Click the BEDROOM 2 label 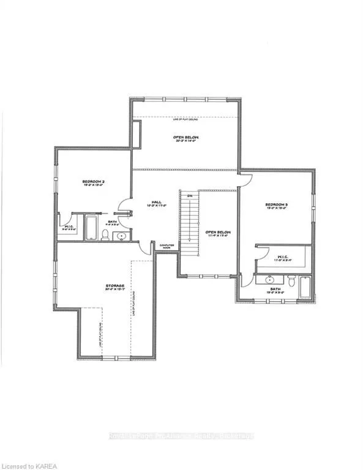94,182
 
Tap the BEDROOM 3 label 276,204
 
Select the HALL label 157,203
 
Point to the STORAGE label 114,286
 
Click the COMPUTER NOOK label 167,246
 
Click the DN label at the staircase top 189,196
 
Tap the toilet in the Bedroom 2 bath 107,234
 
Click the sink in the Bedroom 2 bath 122,235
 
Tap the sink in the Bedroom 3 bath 270,280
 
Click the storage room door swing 144,247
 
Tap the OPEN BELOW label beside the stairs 217,233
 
